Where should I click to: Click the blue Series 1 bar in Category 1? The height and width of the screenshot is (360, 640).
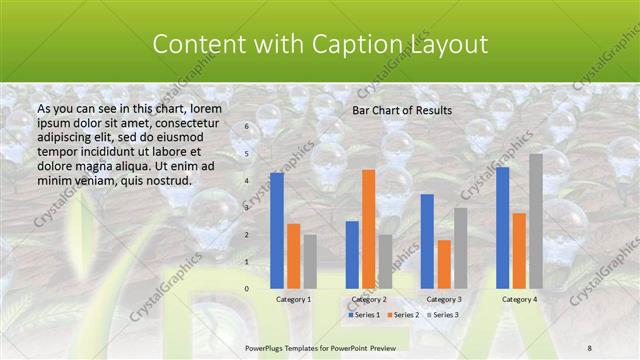pyautogui.click(x=277, y=231)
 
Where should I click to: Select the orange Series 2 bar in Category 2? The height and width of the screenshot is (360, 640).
pyautogui.click(x=368, y=229)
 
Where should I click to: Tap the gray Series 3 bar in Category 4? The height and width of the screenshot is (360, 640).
pyautogui.click(x=536, y=221)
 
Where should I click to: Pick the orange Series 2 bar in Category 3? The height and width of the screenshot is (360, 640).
pyautogui.click(x=444, y=264)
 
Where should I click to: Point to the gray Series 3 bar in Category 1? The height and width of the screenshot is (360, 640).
pyautogui.click(x=310, y=262)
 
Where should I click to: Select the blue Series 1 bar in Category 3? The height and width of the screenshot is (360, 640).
pyautogui.click(x=427, y=241)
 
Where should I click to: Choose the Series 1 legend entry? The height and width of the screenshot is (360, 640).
pyautogui.click(x=366, y=315)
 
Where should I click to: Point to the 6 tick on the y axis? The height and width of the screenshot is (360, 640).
pyautogui.click(x=247, y=128)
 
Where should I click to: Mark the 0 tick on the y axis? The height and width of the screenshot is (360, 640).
pyautogui.click(x=247, y=289)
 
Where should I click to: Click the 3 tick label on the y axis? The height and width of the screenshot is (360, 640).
pyautogui.click(x=247, y=208)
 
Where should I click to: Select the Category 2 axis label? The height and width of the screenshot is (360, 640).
pyautogui.click(x=368, y=299)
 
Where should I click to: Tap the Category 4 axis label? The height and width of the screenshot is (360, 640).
pyautogui.click(x=519, y=299)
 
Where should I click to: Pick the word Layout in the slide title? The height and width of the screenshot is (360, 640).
pyautogui.click(x=447, y=45)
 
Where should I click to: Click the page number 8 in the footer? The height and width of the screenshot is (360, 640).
pyautogui.click(x=590, y=346)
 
